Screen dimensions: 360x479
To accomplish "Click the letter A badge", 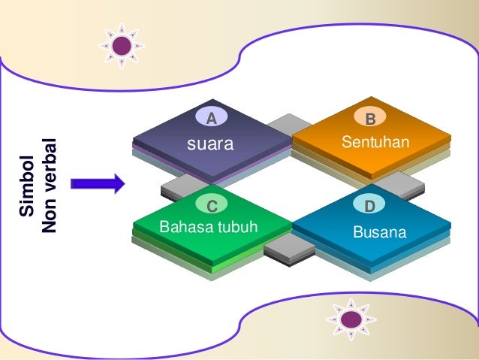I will click(212, 118).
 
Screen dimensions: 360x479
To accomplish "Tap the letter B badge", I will click(370, 119).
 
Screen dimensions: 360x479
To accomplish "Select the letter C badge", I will click(212, 205).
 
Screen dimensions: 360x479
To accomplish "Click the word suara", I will click(210, 144).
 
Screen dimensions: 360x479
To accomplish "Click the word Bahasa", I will click(185, 227).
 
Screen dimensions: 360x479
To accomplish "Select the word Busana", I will click(379, 231).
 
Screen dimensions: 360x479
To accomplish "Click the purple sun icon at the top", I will click(122, 46).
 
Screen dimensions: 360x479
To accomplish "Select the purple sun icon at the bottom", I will click(350, 320).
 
